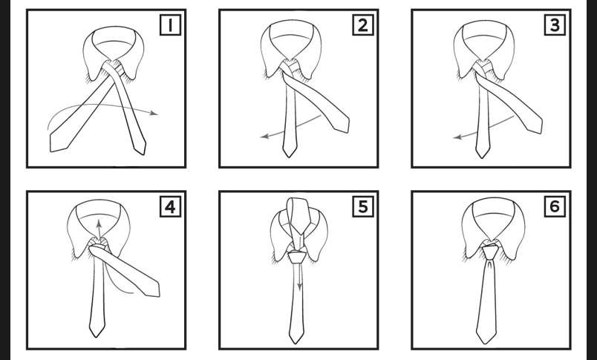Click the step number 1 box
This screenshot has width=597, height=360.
point(170,25)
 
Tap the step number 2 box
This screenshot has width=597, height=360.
point(363,25)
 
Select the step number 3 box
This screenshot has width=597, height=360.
point(555,25)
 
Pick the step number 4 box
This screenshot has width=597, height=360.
point(170,207)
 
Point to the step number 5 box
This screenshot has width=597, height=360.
point(363,207)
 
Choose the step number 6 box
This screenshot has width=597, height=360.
point(555,207)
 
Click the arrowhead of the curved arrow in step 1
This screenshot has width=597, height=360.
point(154,113)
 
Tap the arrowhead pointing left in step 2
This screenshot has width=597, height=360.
point(264,137)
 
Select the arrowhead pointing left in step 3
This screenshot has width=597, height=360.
point(457,137)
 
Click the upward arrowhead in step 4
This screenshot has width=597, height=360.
point(99,223)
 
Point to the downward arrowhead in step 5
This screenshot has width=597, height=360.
point(300,287)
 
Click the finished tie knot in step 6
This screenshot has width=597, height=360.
point(489,252)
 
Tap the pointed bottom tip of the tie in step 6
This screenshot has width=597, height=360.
point(486,344)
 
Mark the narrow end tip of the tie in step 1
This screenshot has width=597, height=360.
point(143,154)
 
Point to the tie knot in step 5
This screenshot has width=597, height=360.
point(296,256)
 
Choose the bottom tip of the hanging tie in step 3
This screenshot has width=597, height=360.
point(482,157)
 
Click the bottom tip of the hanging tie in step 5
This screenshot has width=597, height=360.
point(296,344)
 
